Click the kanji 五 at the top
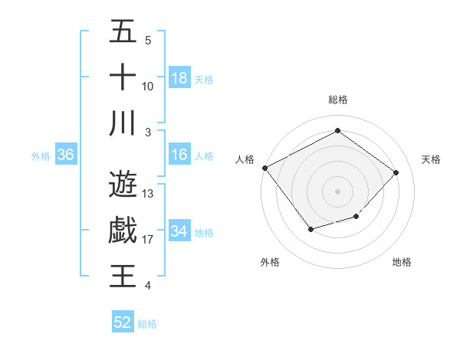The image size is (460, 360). coord(123,31)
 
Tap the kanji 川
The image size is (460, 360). coord(123,123)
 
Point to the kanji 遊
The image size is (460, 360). coord(123,185)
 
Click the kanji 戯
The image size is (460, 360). coord(123,231)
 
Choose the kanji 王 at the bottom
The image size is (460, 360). coord(123,277)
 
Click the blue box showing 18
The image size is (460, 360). coord(179,78)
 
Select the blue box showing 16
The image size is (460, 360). coord(179,155)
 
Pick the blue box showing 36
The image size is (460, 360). coord(66,155)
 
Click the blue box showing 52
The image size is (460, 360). coord(123,322)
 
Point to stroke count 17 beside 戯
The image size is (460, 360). coord(148,240)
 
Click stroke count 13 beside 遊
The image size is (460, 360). coord(148,194)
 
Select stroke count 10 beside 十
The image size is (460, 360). coord(148,87)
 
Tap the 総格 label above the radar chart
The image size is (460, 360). coord(337,100)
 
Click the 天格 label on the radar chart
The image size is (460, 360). coord(431,159)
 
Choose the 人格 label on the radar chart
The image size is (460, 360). coord(245,159)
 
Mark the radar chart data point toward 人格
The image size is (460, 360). coord(265,168)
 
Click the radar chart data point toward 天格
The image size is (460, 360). coord(396,172)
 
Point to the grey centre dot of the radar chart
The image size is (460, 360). coord(337,191)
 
